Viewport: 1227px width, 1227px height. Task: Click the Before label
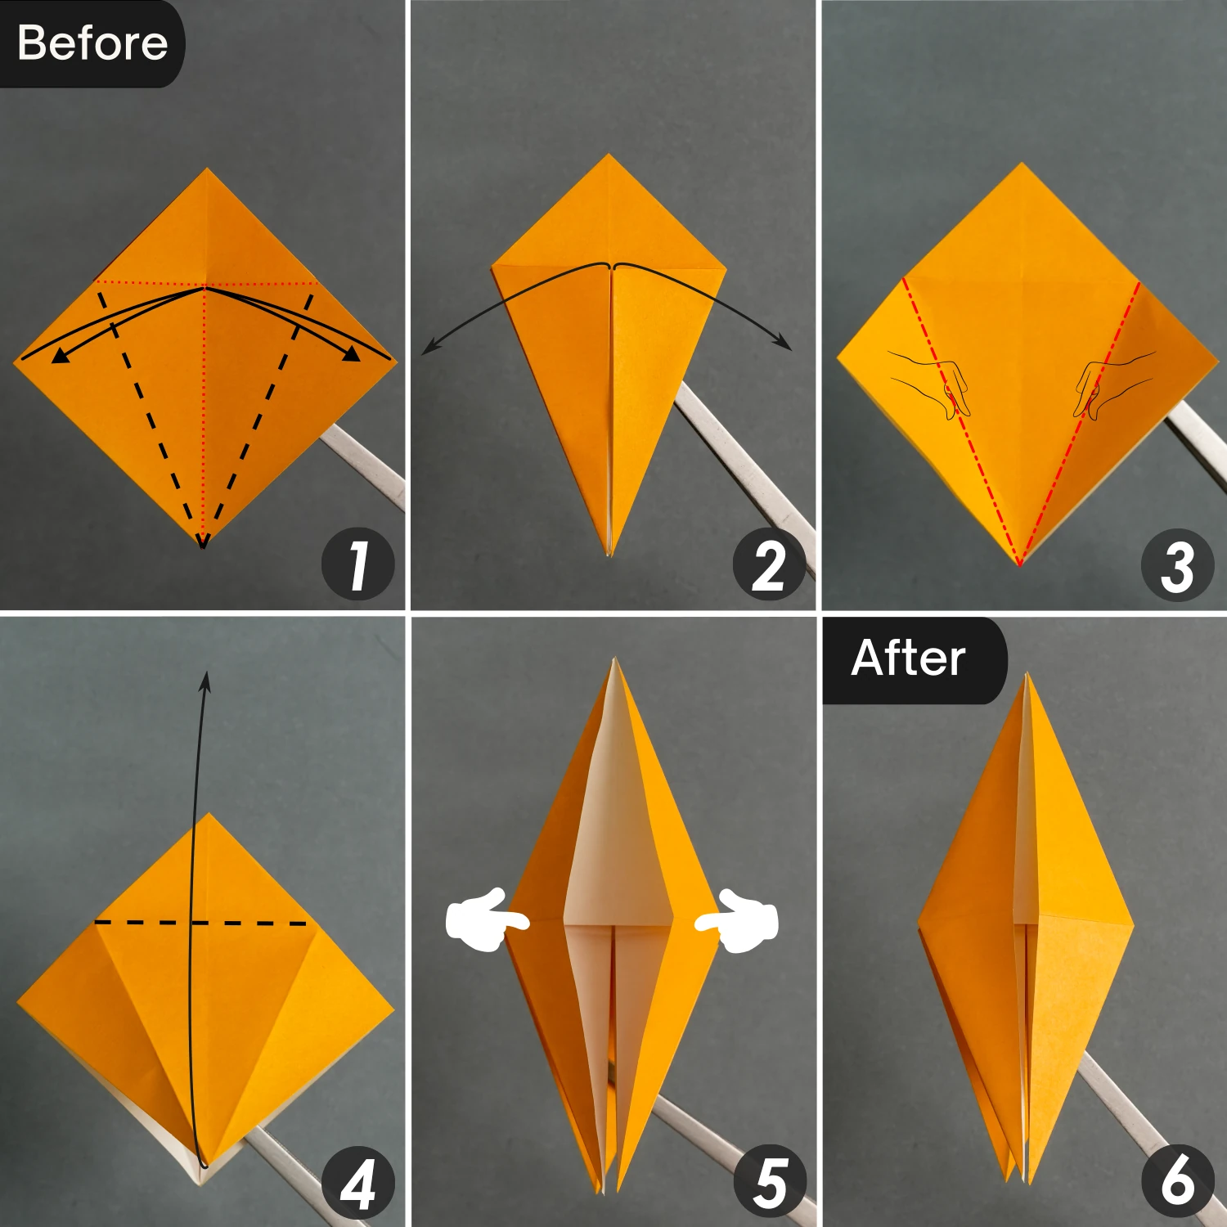tap(92, 43)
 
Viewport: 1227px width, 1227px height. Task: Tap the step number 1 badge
tap(358, 565)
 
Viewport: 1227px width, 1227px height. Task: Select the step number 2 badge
tap(769, 565)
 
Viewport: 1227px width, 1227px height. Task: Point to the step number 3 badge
tap(1177, 565)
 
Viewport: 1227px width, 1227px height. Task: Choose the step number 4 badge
tap(358, 1184)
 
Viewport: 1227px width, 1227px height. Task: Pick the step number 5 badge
tap(769, 1184)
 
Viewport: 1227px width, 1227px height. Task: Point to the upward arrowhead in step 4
tap(205, 681)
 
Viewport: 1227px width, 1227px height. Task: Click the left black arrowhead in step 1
tap(60, 355)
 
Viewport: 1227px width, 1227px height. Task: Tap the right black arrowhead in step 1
tap(352, 353)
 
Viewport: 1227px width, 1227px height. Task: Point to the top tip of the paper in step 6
tap(1027, 676)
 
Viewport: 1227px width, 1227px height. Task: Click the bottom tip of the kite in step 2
tap(609, 555)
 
